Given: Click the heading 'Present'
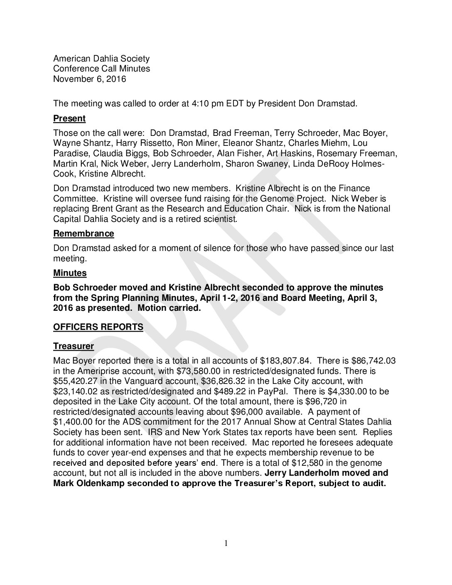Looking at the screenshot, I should (x=69, y=118).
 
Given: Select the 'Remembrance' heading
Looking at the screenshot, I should (x=84, y=234).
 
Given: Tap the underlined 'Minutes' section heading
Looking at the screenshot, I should (x=70, y=273).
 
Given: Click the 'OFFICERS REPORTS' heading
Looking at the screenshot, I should (x=98, y=327).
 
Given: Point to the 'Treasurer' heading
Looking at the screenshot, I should (x=74, y=346).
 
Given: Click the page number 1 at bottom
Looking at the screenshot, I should (x=226, y=543).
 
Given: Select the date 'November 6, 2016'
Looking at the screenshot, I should (x=89, y=79).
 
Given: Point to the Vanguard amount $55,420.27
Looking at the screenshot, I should (x=79, y=381).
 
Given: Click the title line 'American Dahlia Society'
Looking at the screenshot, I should (x=101, y=59).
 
